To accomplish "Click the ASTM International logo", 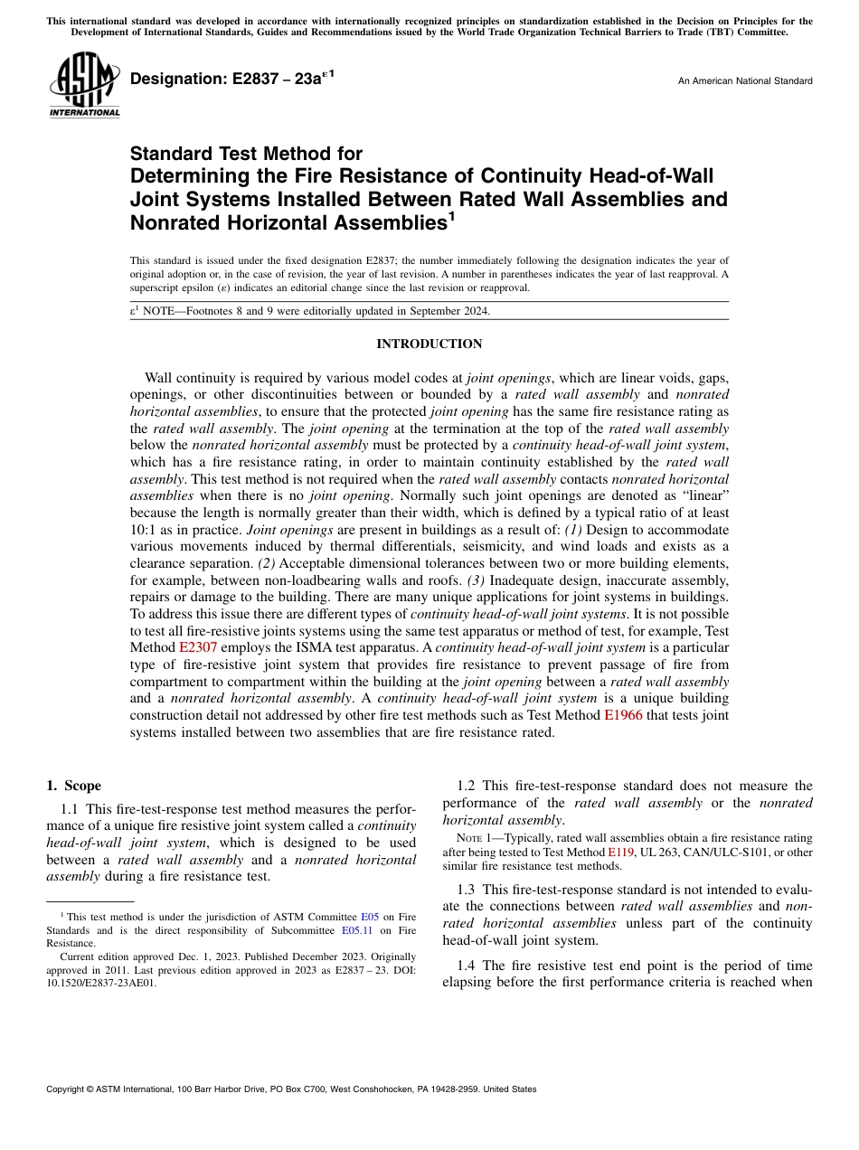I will [84, 86].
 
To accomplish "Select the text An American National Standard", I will [744, 81].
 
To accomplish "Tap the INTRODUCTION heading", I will [429, 344].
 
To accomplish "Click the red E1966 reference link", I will [623, 715].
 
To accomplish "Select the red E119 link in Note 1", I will [621, 852].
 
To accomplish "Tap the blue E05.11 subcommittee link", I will [356, 930].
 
